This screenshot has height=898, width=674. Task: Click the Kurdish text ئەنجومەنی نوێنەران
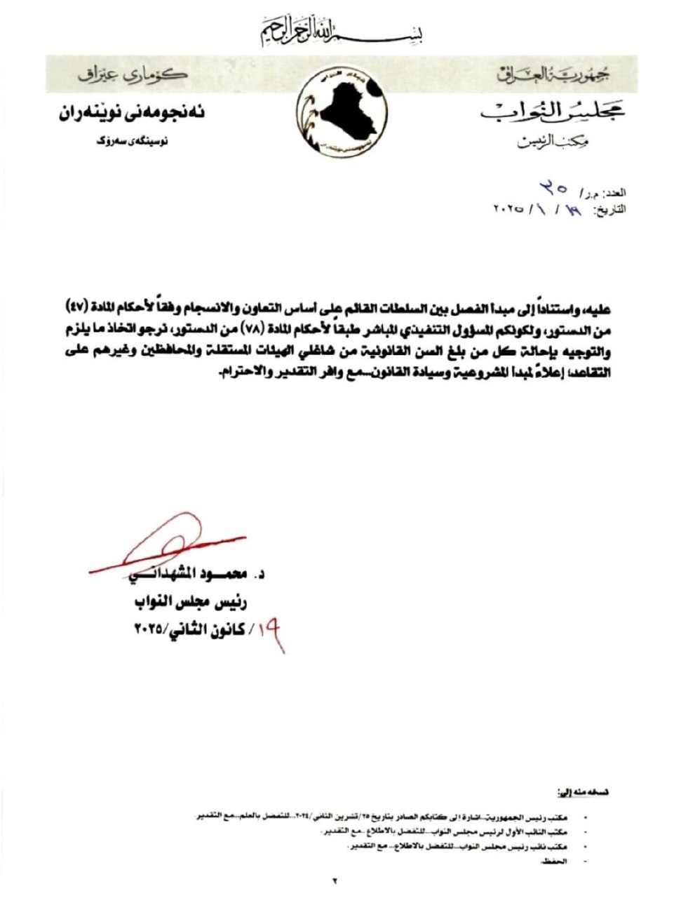pyautogui.click(x=133, y=113)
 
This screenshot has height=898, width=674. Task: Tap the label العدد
pyautogui.click(x=614, y=192)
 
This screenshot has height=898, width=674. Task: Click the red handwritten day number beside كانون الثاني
pyautogui.click(x=272, y=631)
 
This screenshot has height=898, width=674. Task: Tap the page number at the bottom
pyautogui.click(x=335, y=879)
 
